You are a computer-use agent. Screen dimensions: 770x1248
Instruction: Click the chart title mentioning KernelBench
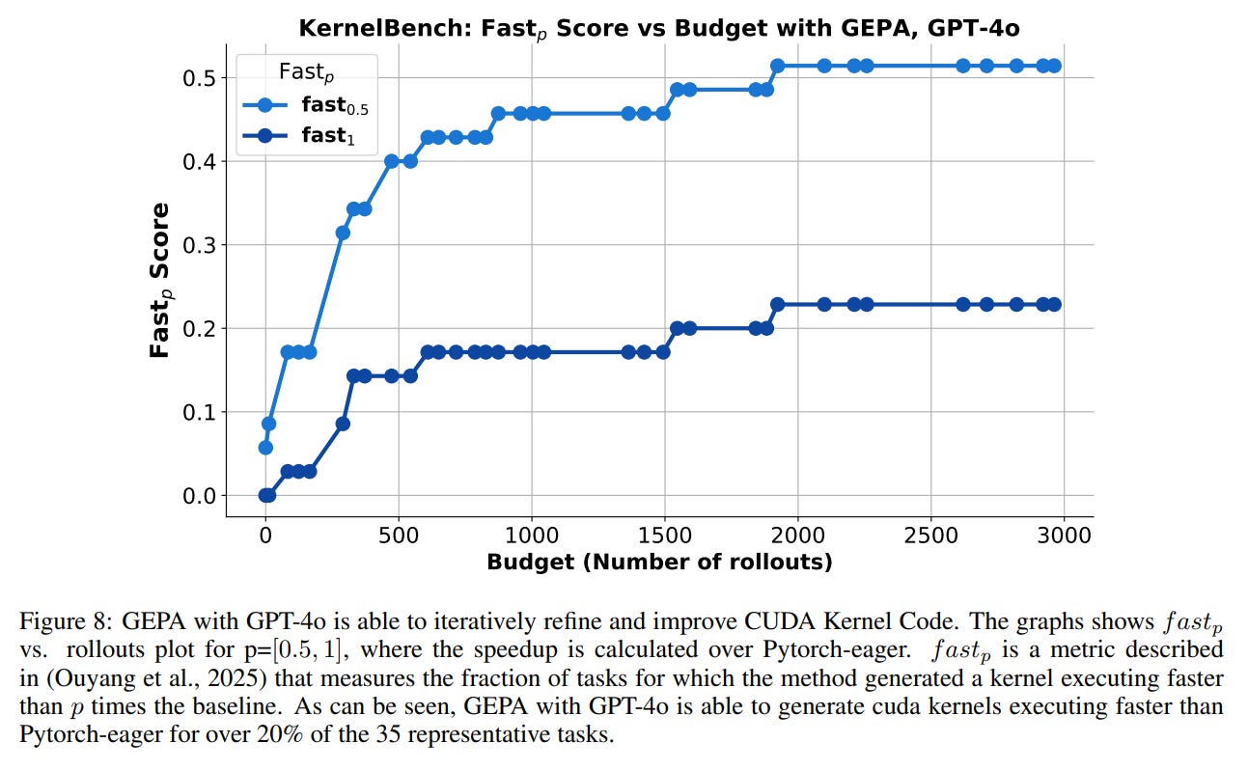(658, 28)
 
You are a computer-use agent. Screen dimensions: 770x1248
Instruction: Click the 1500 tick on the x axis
(664, 535)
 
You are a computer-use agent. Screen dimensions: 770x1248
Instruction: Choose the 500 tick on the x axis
(399, 535)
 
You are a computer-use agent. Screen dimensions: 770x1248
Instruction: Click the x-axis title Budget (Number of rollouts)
(659, 562)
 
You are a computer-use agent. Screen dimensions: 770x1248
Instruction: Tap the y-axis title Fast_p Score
(160, 280)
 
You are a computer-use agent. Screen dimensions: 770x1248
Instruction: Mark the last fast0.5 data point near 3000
(1054, 66)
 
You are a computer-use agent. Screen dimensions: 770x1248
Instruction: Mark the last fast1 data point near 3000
(1054, 304)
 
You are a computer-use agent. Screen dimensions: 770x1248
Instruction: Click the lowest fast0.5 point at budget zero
(265, 448)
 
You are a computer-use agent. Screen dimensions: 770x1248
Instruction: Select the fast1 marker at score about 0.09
(343, 424)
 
